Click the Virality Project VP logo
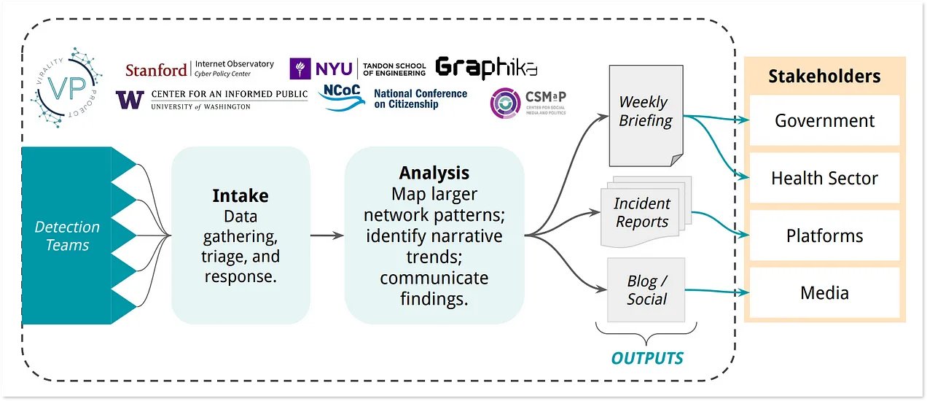[66, 87]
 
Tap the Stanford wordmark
[156, 70]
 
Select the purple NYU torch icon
[300, 69]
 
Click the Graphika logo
[486, 69]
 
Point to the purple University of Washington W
[130, 100]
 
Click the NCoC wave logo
[342, 97]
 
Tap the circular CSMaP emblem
[505, 103]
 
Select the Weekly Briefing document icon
[646, 116]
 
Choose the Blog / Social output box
[646, 289]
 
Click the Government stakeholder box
[824, 120]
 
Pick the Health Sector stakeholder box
[824, 178]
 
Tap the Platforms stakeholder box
[824, 235]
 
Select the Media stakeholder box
[824, 292]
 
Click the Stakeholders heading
[824, 76]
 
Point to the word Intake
[240, 195]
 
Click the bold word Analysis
[434, 173]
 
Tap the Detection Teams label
[67, 236]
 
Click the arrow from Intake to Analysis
[327, 235]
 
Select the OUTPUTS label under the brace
[647, 359]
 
